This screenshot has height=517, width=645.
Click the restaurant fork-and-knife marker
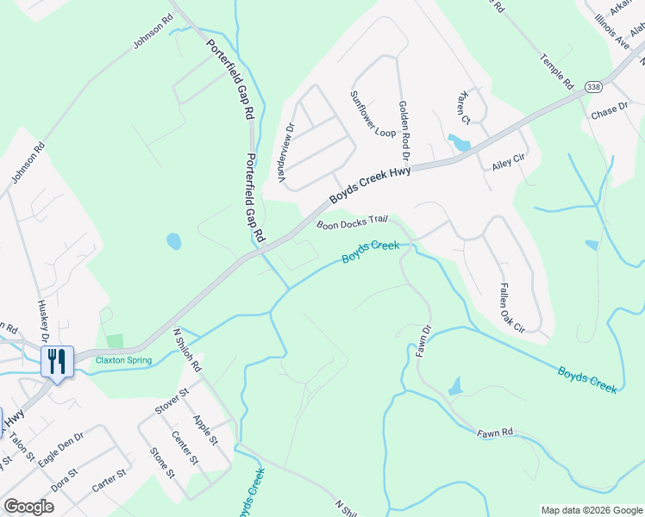[x=57, y=361]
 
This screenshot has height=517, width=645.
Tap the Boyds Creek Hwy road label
[x=369, y=183]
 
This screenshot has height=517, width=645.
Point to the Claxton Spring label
[x=123, y=360]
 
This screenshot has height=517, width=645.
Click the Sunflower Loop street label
[x=372, y=114]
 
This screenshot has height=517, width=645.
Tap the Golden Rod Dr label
[x=403, y=129]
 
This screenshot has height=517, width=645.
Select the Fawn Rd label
[x=496, y=432]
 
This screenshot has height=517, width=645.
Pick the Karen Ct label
[x=465, y=107]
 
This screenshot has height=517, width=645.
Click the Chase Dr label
[x=610, y=112]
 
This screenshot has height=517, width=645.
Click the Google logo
[x=28, y=506]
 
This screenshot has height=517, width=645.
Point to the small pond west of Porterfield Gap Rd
[x=174, y=241]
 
